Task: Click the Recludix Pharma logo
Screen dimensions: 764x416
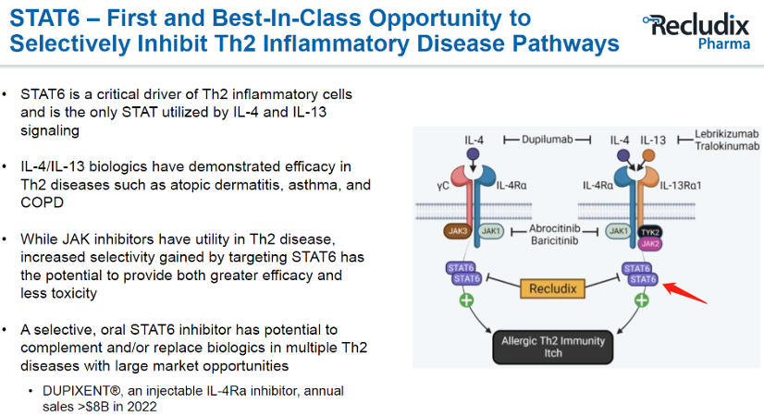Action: click(x=696, y=31)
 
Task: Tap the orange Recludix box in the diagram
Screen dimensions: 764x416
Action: click(x=552, y=288)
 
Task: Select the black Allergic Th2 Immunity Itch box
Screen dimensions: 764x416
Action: click(x=552, y=348)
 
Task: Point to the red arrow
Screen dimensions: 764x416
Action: click(x=685, y=293)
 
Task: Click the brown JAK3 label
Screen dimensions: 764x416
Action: click(x=457, y=231)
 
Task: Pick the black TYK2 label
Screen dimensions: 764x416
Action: click(x=649, y=232)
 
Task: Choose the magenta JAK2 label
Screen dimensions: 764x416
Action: click(x=650, y=243)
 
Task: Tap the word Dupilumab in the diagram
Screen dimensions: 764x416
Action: click(x=548, y=140)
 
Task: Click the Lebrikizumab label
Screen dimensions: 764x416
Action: click(x=726, y=133)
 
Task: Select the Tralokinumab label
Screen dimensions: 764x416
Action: click(x=727, y=146)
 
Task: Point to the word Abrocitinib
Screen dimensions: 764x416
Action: click(x=554, y=228)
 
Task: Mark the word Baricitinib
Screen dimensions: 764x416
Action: click(x=554, y=240)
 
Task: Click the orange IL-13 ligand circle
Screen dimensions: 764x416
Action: click(x=648, y=155)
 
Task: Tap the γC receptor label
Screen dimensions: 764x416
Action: click(x=443, y=186)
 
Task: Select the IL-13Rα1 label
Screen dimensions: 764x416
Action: click(x=681, y=186)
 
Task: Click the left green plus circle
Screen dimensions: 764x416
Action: click(x=466, y=300)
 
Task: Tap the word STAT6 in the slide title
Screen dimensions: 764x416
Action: click(x=44, y=18)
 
